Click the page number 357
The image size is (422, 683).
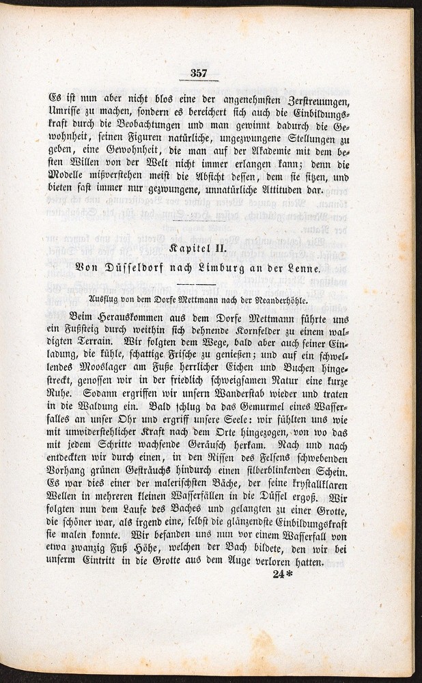pos(199,73)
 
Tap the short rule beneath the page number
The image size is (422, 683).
pos(199,81)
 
